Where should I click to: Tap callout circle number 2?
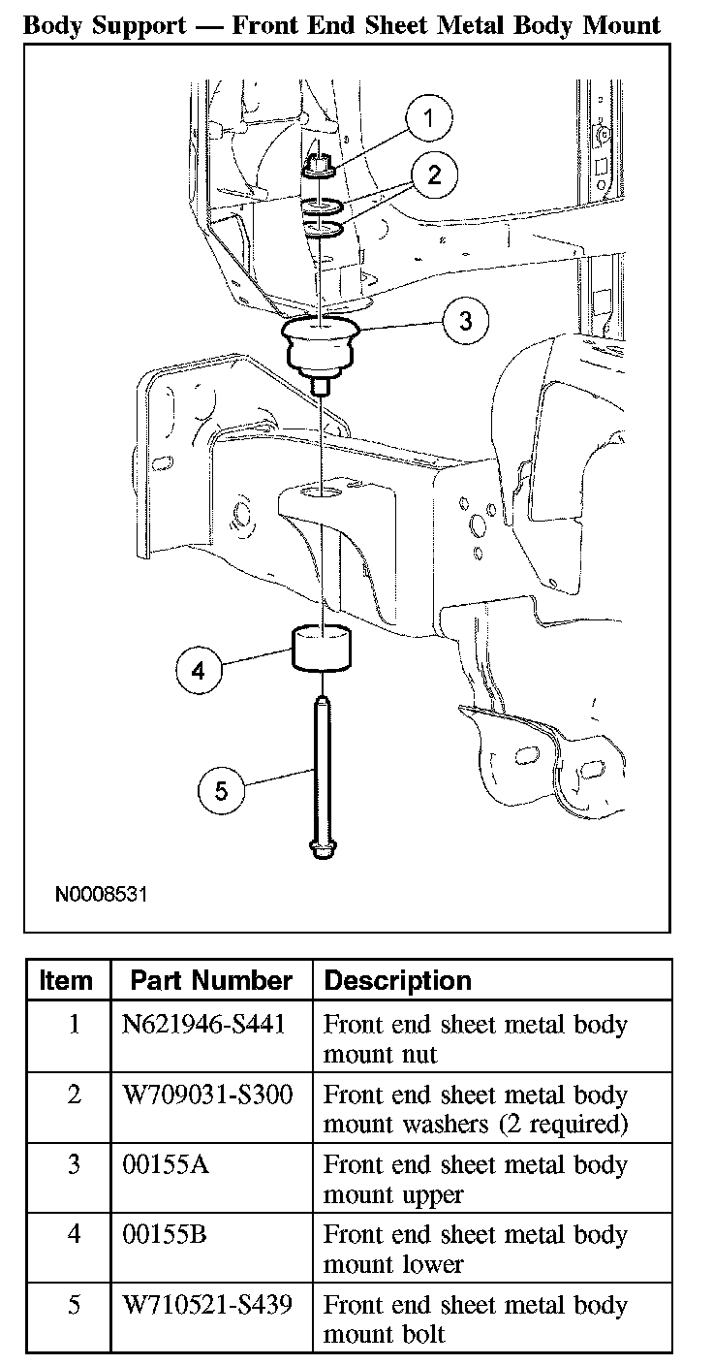(x=434, y=175)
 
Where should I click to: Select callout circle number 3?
(x=466, y=321)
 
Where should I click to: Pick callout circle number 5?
(x=221, y=790)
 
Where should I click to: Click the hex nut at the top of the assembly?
(x=319, y=169)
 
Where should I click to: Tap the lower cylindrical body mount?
(x=322, y=649)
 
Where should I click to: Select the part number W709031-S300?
(x=207, y=1095)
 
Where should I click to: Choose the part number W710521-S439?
(x=207, y=1304)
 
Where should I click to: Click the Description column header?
(x=397, y=980)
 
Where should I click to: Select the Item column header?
(x=67, y=980)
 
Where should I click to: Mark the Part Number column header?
(x=211, y=980)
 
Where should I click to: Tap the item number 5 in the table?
(x=74, y=1304)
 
